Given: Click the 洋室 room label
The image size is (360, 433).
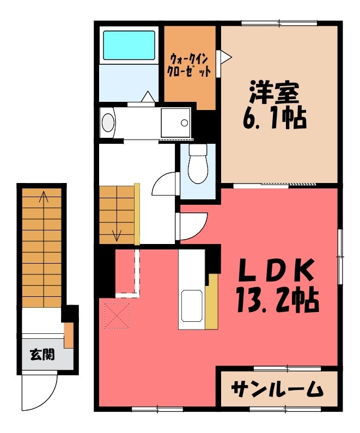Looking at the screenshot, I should (x=274, y=92).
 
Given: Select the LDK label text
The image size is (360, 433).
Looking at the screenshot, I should (x=276, y=271).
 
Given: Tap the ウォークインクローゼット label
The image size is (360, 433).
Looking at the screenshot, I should (x=190, y=65).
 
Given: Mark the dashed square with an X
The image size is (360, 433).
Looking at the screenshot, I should (x=117, y=316).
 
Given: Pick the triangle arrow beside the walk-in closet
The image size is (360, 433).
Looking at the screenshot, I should (x=224, y=56).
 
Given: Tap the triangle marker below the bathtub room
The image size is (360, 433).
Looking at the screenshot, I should (x=147, y=96).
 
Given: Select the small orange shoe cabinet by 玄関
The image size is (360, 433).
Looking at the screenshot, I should (x=69, y=335).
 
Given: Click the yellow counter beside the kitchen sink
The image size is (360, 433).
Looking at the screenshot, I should (x=211, y=302).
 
